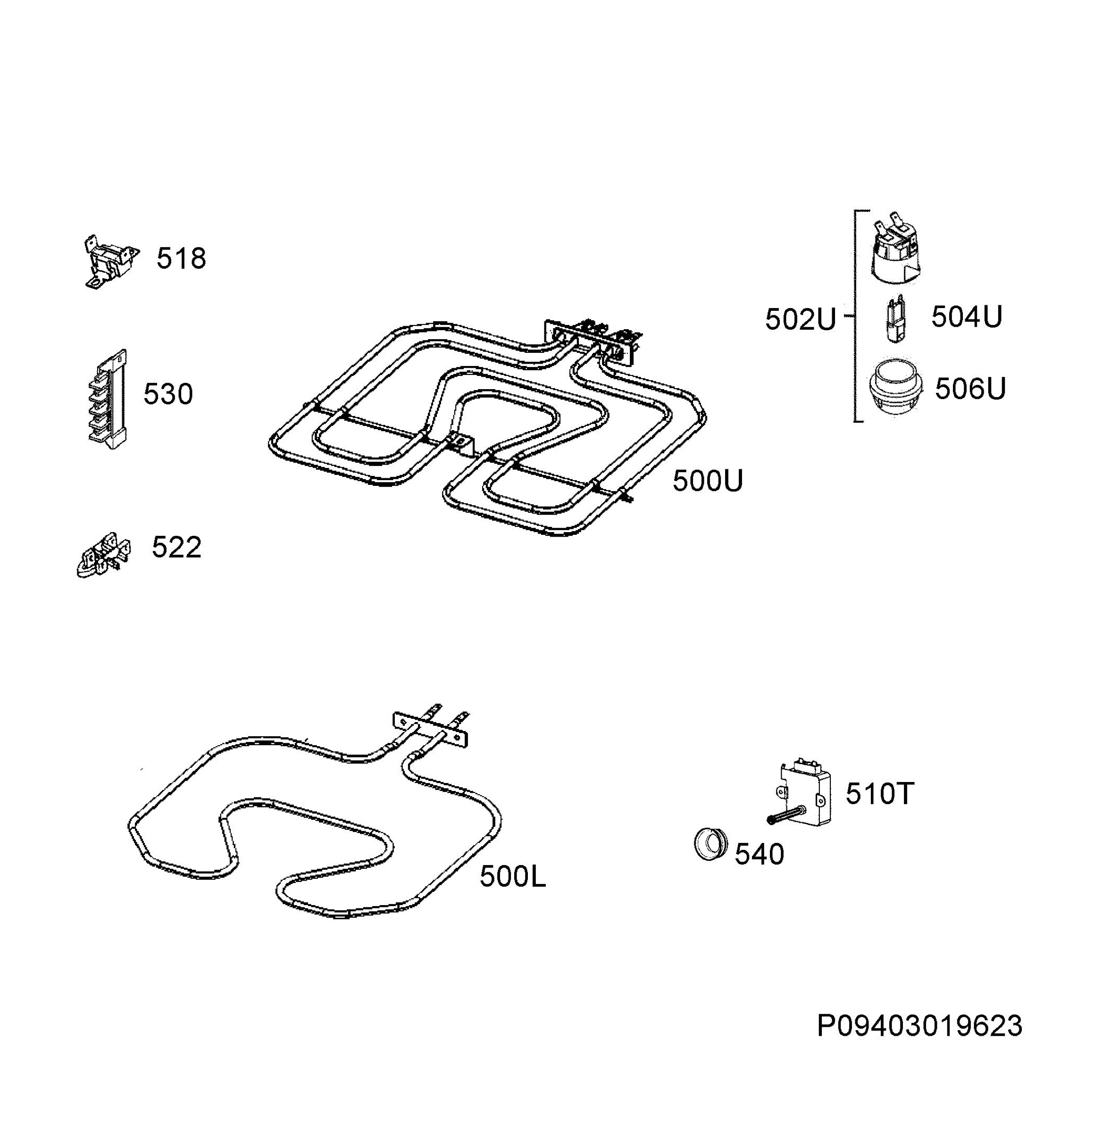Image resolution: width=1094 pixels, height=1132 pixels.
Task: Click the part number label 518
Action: tap(181, 259)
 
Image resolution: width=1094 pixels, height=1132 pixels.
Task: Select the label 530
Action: tap(167, 394)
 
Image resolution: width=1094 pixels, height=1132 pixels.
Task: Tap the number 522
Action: tap(176, 547)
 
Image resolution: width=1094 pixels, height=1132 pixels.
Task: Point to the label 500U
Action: tap(708, 481)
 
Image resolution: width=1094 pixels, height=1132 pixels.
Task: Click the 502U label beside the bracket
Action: tap(801, 319)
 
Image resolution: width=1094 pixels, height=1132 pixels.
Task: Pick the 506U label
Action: tap(970, 388)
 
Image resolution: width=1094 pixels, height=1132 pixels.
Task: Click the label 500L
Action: tap(512, 877)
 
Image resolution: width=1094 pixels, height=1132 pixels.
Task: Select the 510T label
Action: tap(880, 794)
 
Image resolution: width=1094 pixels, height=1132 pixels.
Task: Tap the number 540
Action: tap(759, 854)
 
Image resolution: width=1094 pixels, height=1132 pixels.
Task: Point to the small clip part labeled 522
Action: tap(103, 555)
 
